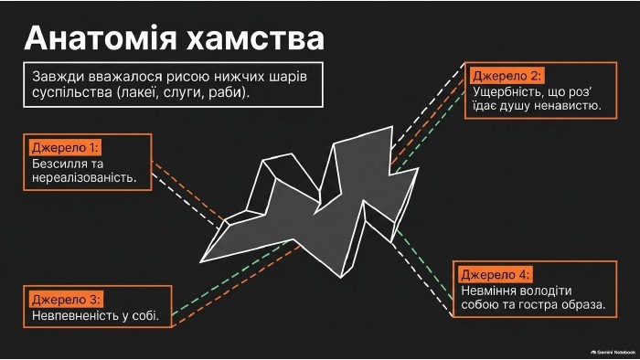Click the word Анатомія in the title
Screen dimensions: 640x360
(x=101, y=37)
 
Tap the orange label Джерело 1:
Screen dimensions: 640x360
(x=65, y=148)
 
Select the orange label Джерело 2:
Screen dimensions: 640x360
(x=507, y=76)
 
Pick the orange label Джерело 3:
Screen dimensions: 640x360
(x=65, y=300)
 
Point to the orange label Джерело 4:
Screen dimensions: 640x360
(x=495, y=275)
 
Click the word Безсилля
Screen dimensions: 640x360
(x=59, y=164)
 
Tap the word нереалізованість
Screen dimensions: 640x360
(x=84, y=178)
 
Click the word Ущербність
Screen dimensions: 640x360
(x=504, y=92)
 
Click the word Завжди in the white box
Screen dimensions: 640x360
(x=56, y=77)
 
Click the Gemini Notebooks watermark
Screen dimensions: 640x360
(x=613, y=353)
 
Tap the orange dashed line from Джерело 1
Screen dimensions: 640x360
(x=188, y=192)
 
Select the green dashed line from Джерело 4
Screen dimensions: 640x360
(x=424, y=266)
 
